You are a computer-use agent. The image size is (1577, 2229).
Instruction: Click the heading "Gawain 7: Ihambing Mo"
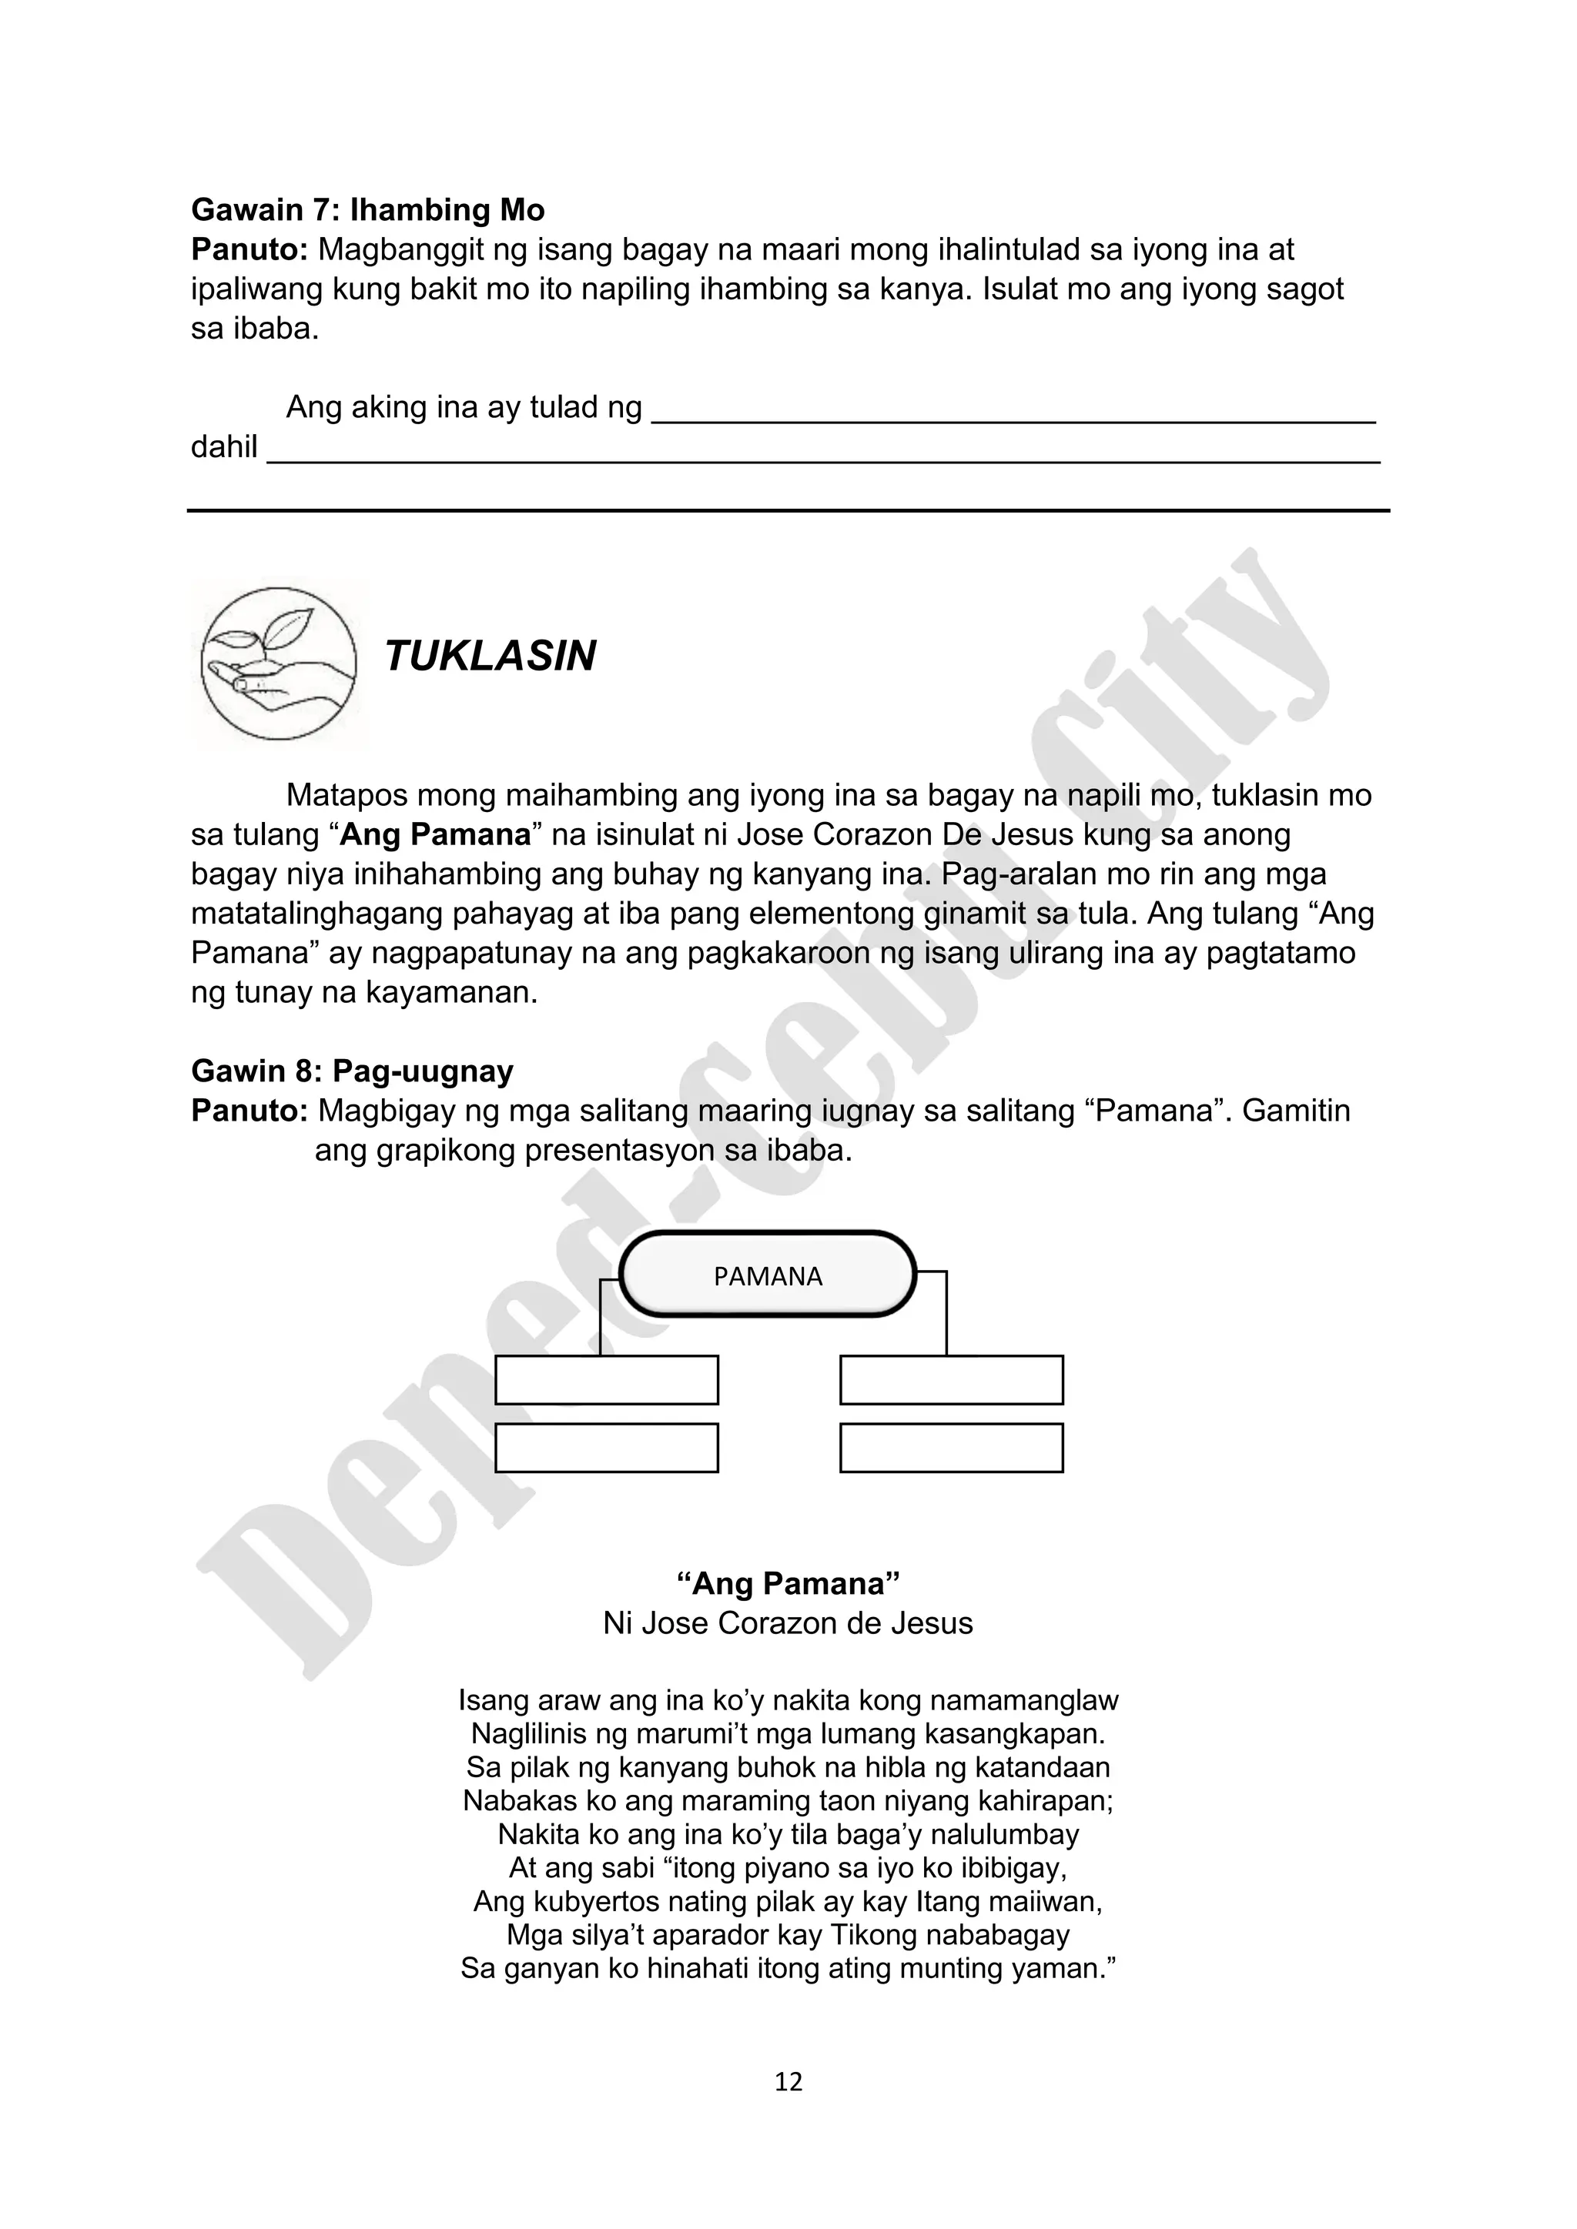(367, 209)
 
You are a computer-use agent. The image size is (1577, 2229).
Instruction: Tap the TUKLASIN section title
(490, 657)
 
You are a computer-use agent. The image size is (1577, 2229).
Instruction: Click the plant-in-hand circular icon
(279, 663)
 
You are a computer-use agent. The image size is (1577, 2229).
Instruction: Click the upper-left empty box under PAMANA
(606, 1379)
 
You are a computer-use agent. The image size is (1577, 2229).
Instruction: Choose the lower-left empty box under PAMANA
(606, 1448)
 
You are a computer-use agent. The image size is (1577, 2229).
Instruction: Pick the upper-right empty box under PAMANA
(951, 1379)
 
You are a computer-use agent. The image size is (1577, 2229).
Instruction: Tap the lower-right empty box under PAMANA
(951, 1448)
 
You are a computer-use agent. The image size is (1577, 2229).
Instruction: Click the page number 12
(788, 2081)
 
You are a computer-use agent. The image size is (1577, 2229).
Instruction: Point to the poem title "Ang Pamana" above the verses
(788, 1583)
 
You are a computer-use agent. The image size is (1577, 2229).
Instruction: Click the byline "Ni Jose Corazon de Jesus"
(788, 1623)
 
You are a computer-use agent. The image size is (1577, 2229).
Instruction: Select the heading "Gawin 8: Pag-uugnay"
(353, 1071)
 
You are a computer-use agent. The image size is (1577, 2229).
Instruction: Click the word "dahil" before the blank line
(223, 447)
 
